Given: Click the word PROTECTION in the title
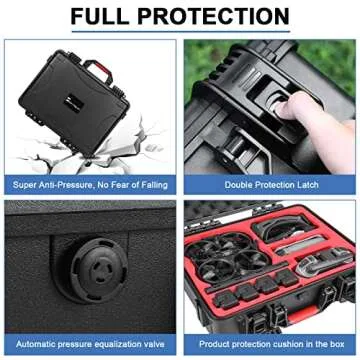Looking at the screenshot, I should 218,16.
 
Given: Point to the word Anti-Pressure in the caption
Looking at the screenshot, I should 72,184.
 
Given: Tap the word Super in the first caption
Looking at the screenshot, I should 26,184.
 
